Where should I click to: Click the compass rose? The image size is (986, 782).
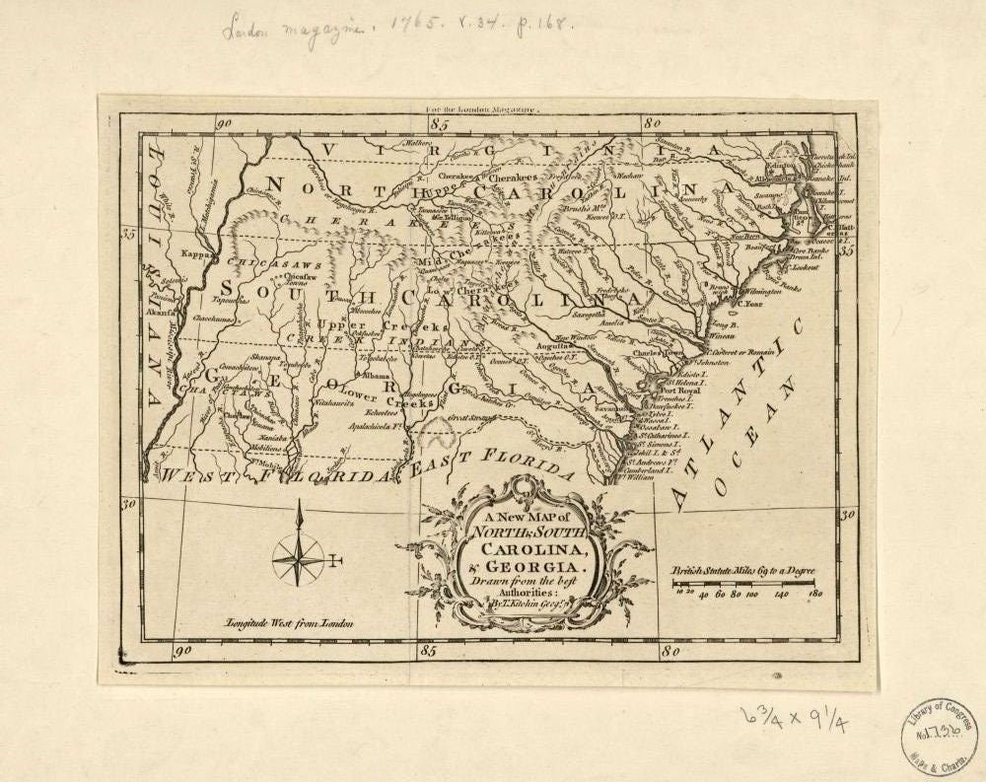pos(299,558)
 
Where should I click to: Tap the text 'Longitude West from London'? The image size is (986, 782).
pos(289,623)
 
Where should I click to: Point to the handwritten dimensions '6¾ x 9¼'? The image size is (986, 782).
pos(797,721)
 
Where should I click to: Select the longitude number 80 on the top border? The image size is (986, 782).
pos(652,124)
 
